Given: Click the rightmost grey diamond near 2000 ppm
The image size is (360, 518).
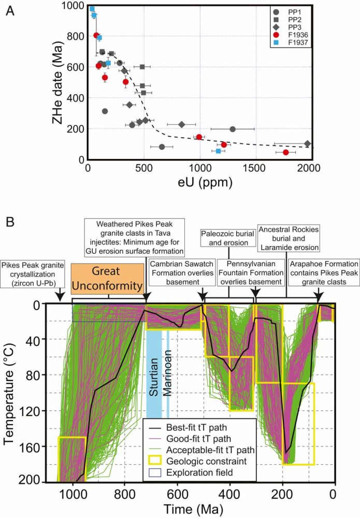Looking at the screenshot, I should (307, 143).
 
